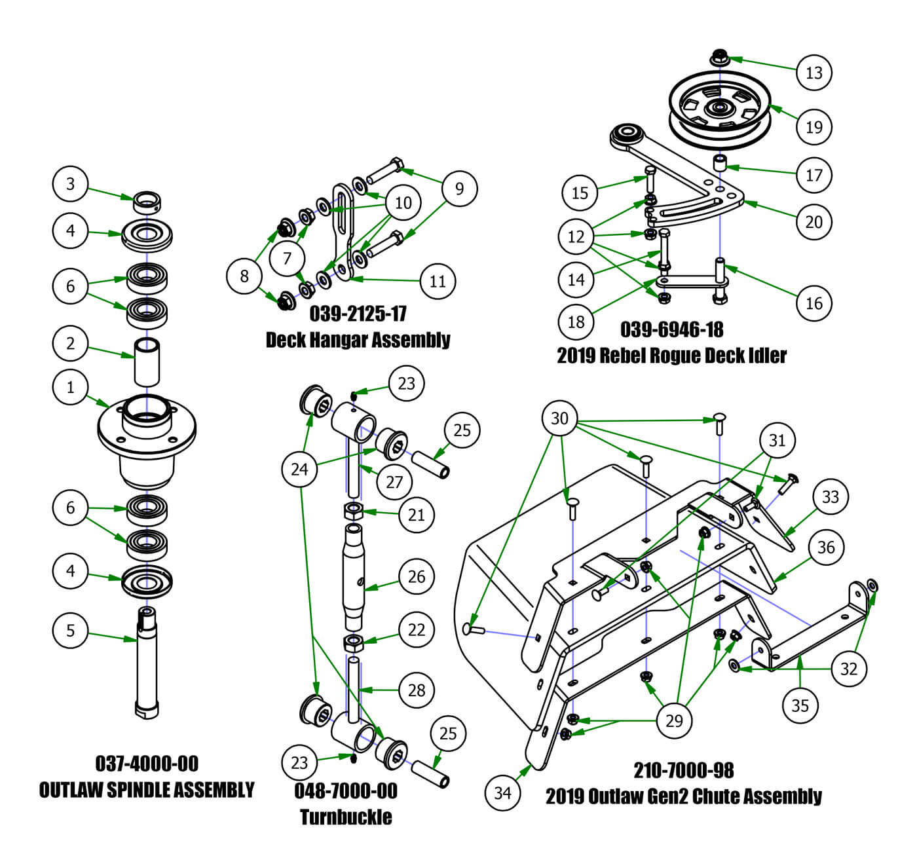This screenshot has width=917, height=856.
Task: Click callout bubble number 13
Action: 814,72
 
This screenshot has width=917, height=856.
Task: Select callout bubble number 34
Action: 502,792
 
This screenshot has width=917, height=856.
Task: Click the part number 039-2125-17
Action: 358,313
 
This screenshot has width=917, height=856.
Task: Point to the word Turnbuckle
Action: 346,817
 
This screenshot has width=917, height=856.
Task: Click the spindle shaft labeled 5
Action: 147,661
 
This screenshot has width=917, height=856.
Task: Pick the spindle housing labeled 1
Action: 147,439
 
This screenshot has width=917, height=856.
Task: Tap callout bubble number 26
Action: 417,576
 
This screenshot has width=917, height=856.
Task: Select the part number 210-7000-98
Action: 683,770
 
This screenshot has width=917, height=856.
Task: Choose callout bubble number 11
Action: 438,281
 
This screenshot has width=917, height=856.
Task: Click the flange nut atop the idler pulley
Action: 719,57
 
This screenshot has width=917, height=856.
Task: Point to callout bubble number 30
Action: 559,418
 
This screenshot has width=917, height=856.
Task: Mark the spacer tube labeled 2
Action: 147,362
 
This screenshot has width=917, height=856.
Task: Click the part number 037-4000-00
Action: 147,763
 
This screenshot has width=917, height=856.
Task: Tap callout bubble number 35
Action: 800,705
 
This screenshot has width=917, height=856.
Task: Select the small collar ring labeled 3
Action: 147,202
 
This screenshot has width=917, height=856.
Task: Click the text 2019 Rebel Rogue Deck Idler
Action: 671,355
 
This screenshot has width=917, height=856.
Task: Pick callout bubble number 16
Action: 814,303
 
